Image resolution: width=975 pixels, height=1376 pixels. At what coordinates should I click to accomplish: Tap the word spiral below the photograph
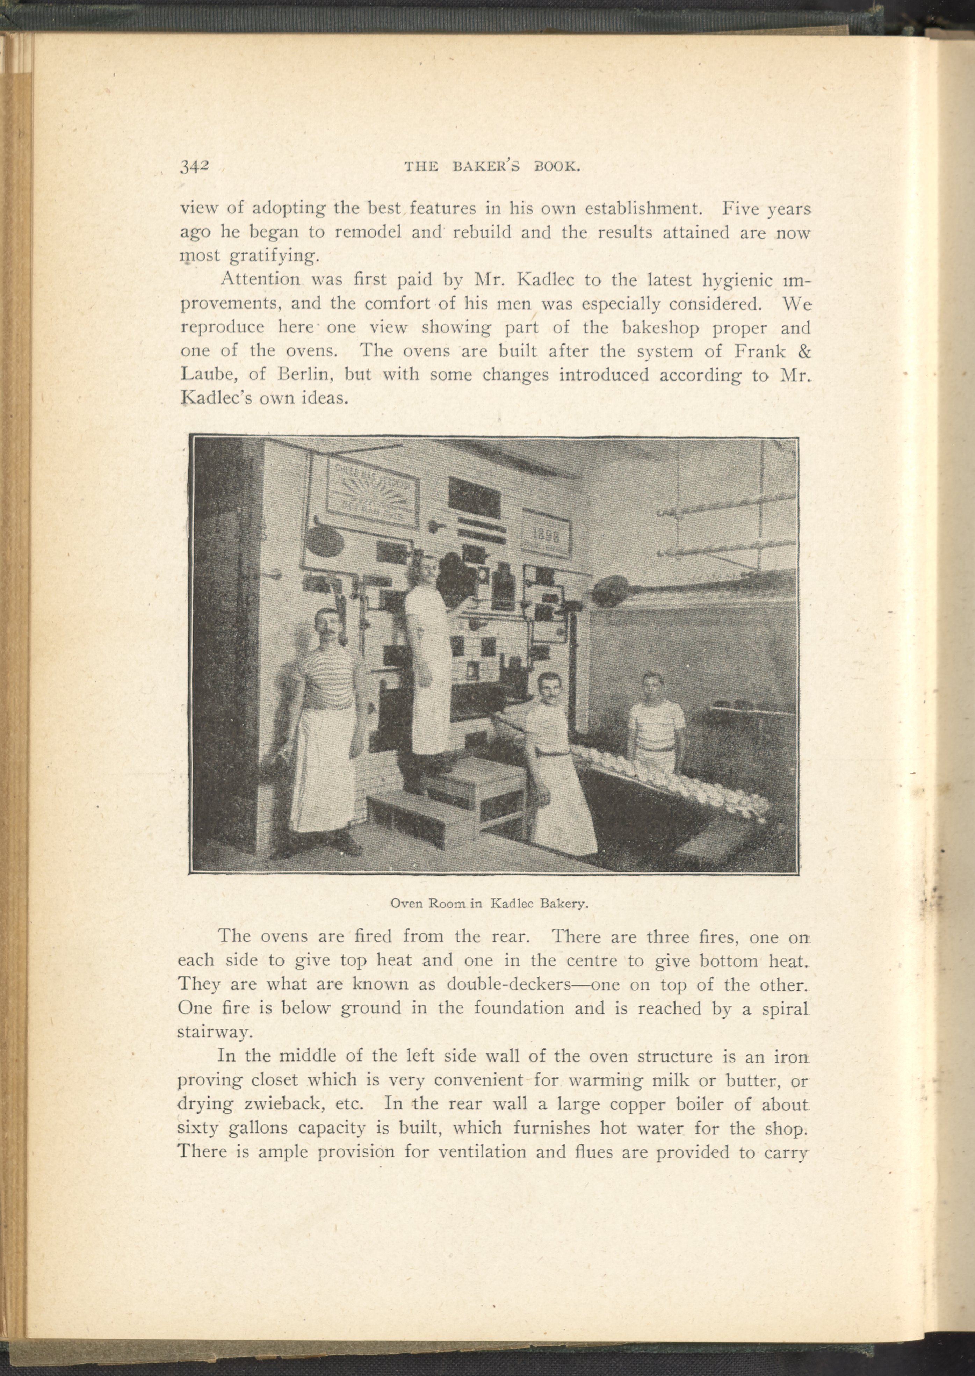click(x=780, y=1008)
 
